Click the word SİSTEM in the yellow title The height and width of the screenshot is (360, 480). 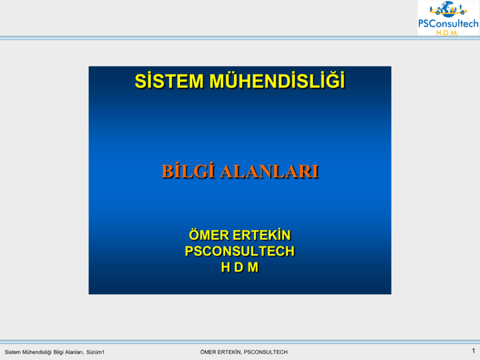point(169,81)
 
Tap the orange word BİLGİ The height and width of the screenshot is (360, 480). point(188,171)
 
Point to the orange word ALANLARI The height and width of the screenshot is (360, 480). point(270,171)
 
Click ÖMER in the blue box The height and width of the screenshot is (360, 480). point(209,235)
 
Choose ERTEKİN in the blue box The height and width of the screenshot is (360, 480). point(262,235)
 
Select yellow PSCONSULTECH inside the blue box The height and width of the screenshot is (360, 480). point(240,251)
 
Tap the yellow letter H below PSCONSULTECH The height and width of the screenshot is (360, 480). point(225,267)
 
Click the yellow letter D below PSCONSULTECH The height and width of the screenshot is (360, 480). point(239,267)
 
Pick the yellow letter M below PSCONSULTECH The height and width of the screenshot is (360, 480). point(253,267)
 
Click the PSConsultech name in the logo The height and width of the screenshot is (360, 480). point(449,24)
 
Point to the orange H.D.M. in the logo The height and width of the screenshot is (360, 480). point(447,33)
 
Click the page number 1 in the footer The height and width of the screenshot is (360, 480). point(473,351)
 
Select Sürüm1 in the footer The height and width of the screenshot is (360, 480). point(95,352)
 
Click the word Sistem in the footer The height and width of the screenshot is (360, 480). point(13,352)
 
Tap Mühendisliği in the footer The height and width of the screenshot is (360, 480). point(37,352)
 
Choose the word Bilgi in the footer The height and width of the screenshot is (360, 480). point(59,352)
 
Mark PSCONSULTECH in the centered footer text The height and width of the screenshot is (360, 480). point(266,352)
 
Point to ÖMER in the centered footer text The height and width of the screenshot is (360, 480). point(208,352)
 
